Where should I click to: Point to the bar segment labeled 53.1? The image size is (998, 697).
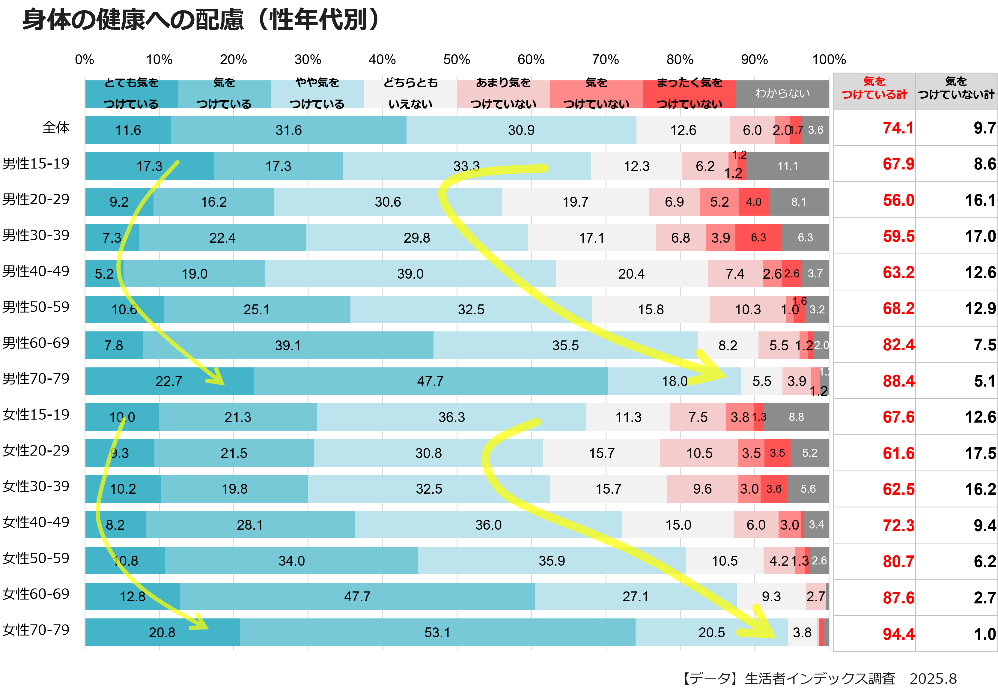click(x=437, y=632)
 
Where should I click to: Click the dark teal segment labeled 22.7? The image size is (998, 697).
click(x=169, y=381)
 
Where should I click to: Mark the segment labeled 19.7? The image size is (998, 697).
click(x=575, y=202)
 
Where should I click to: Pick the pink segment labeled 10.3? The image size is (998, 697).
click(x=748, y=310)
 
